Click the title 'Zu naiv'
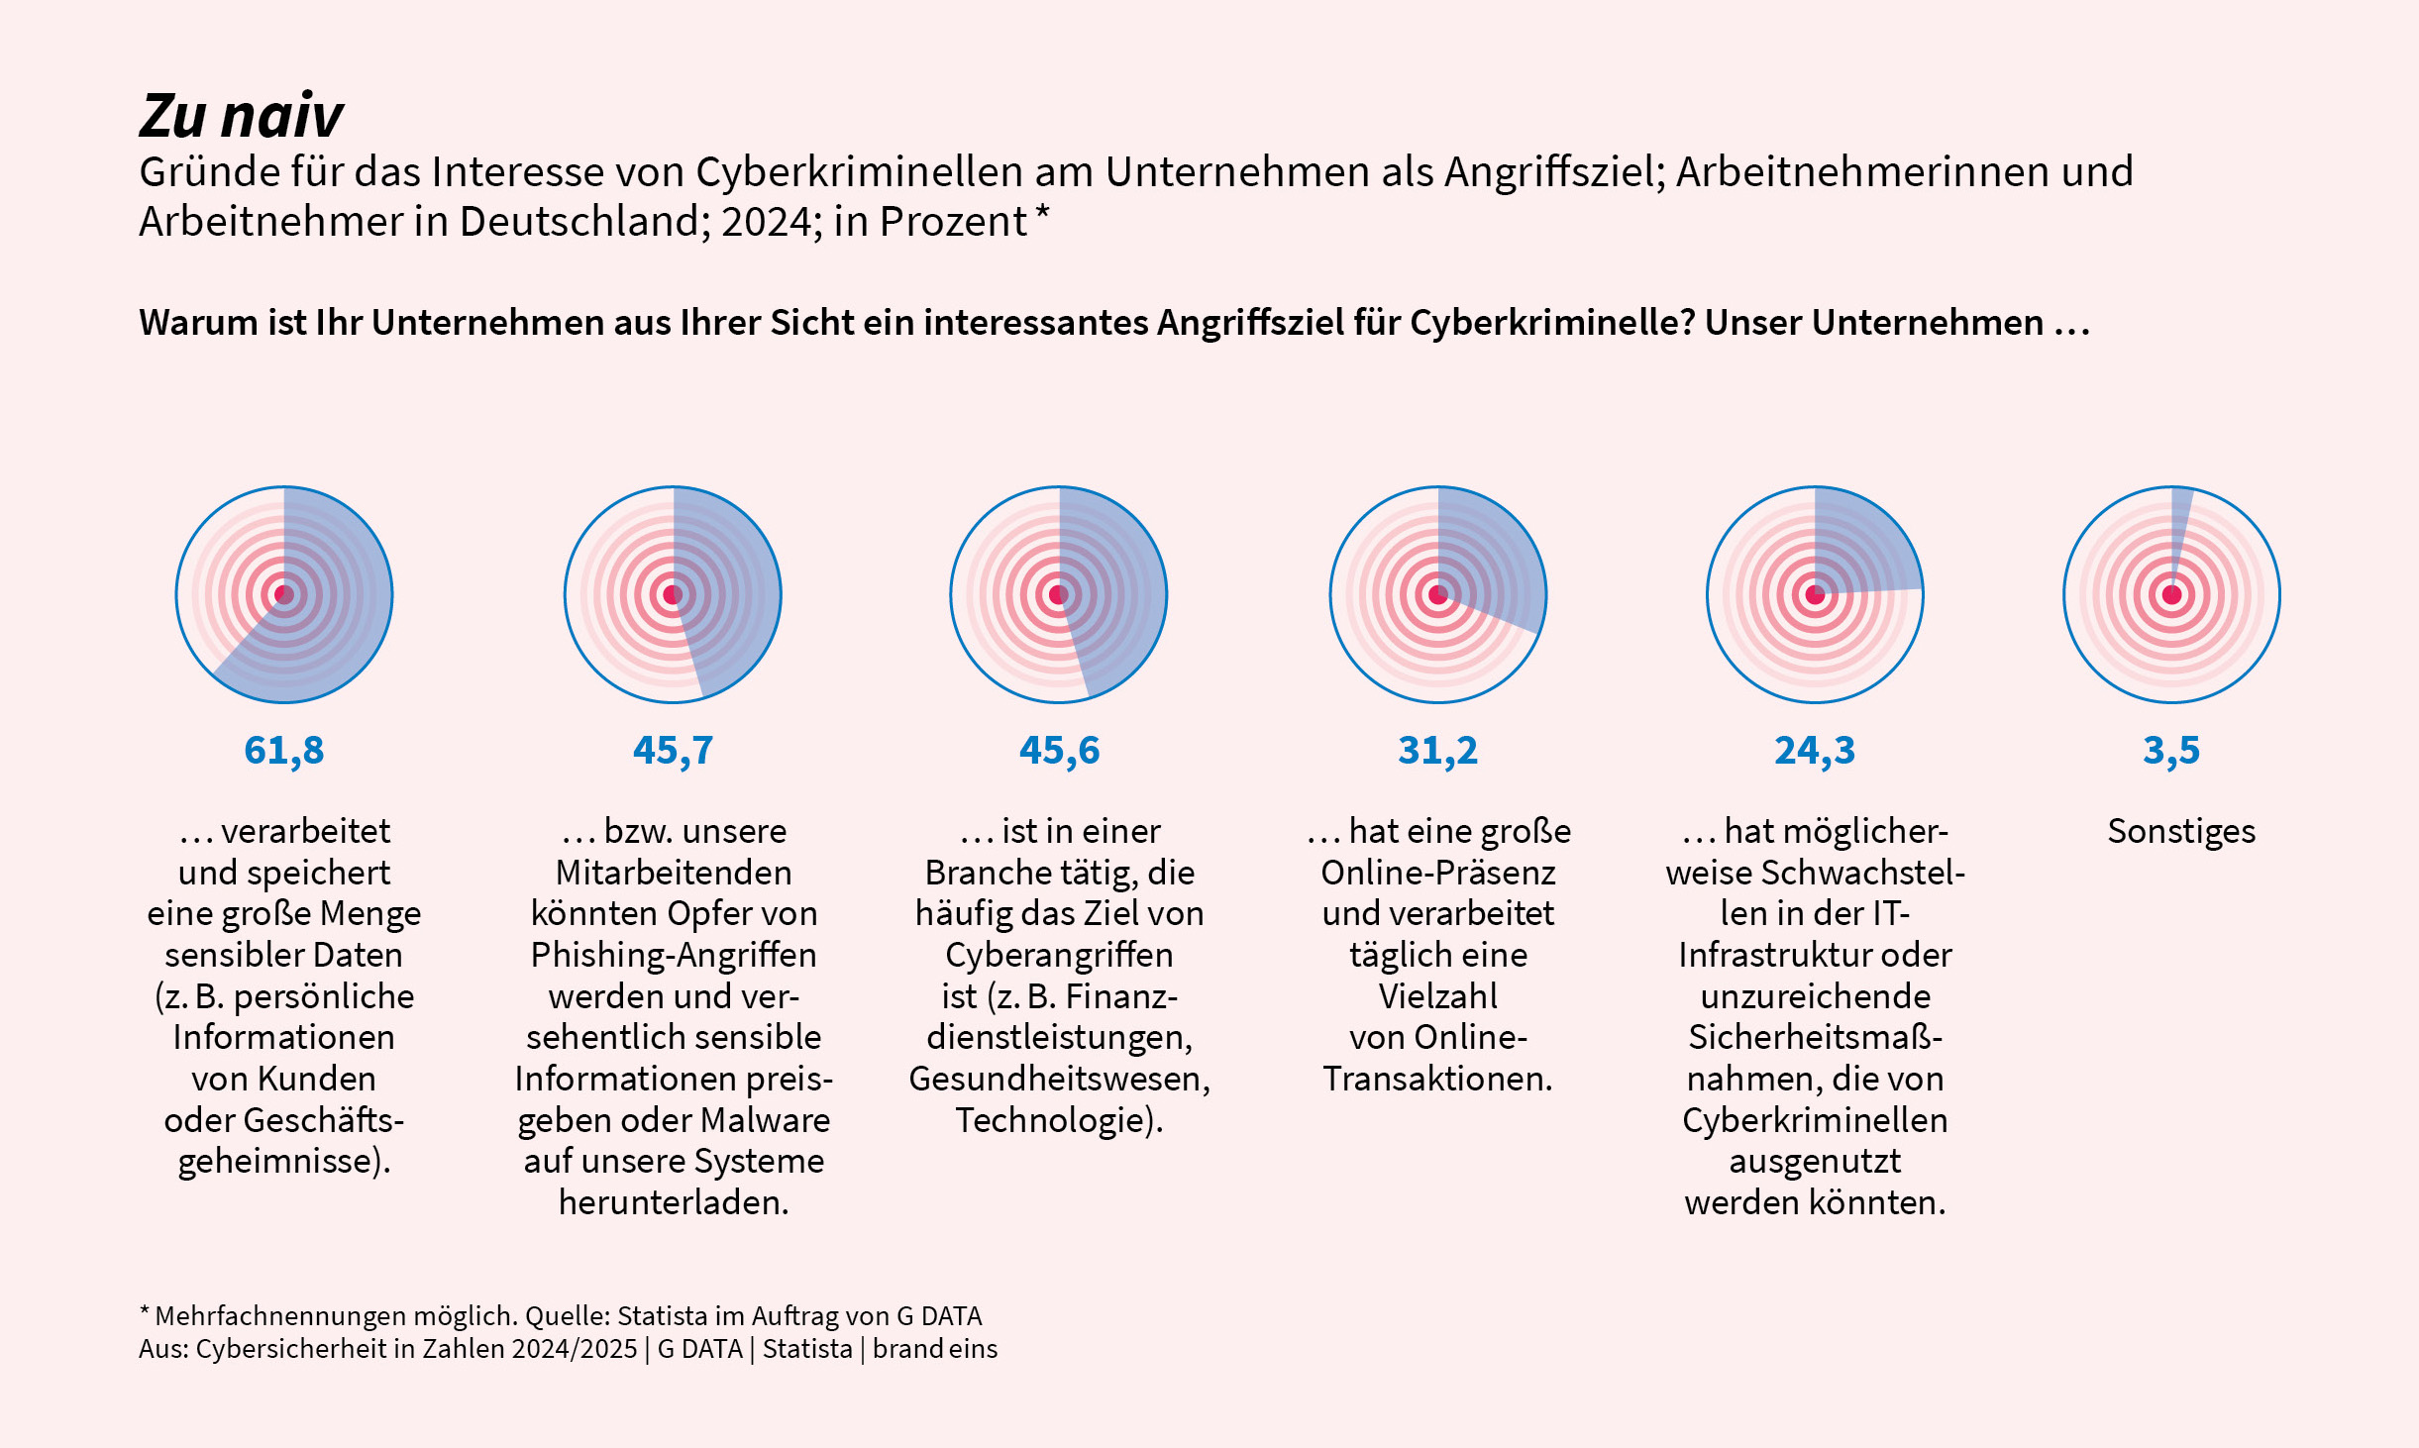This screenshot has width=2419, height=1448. pyautogui.click(x=241, y=116)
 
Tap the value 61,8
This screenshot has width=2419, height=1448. pyautogui.click(x=284, y=751)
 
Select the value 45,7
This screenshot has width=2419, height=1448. pyautogui.click(x=673, y=751)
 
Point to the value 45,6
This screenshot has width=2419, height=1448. pyautogui.click(x=1059, y=751)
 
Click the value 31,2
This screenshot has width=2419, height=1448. pyautogui.click(x=1437, y=751)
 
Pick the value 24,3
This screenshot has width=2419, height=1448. pyautogui.click(x=1814, y=751)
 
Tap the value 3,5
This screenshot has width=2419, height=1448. pyautogui.click(x=2170, y=751)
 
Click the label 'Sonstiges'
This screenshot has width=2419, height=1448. pyautogui.click(x=2180, y=831)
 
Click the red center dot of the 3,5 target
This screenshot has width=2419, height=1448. pyautogui.click(x=2171, y=595)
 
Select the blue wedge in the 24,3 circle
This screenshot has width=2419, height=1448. pyautogui.click(x=1862, y=545)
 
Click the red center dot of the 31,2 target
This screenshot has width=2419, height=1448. pyautogui.click(x=1438, y=595)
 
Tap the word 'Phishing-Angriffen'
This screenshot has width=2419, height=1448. pyautogui.click(x=674, y=955)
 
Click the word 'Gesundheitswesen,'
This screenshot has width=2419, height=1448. pyautogui.click(x=1059, y=1079)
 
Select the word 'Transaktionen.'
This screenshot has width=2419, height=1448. pyautogui.click(x=1437, y=1079)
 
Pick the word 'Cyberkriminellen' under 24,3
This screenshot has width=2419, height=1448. pyautogui.click(x=1815, y=1120)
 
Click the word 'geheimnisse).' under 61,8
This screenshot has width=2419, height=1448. pyautogui.click(x=284, y=1161)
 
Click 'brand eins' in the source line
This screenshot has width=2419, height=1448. pyautogui.click(x=934, y=1349)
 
